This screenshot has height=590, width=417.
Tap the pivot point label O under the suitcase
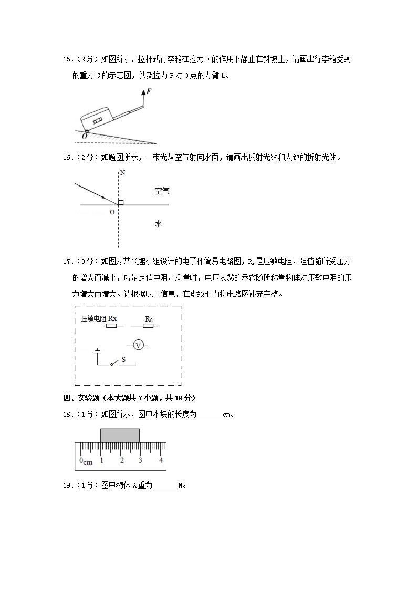click(85, 136)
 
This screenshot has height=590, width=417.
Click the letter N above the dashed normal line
click(122, 172)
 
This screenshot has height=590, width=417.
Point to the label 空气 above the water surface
click(162, 191)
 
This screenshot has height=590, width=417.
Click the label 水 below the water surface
click(158, 224)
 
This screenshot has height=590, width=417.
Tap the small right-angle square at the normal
click(121, 202)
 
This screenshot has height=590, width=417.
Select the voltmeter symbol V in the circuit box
click(138, 345)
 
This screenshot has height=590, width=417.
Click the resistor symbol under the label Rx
click(111, 326)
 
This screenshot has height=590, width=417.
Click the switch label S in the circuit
click(123, 359)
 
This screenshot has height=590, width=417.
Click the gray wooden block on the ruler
click(120, 435)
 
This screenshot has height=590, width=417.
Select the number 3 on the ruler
click(141, 460)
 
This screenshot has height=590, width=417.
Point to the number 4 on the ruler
click(161, 460)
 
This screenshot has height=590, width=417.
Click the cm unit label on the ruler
click(88, 462)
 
